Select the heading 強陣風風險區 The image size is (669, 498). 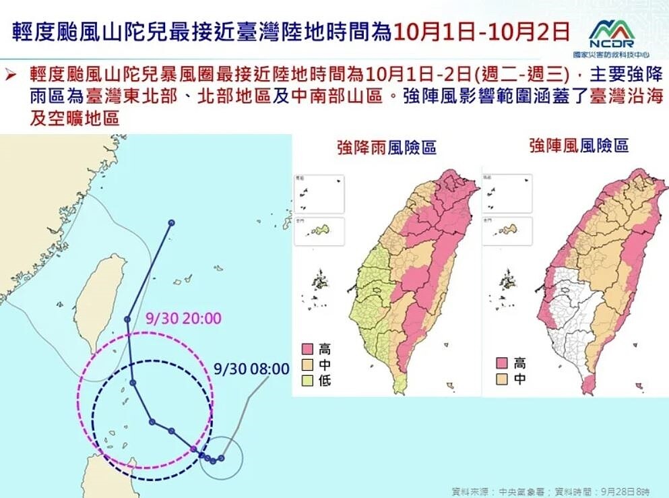579,145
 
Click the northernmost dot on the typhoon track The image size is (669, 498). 172,222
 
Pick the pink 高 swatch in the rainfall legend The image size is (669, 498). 307,349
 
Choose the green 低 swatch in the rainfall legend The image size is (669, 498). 307,381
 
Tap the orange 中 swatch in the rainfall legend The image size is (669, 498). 307,365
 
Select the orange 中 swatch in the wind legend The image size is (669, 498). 501,379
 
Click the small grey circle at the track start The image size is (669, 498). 221,458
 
